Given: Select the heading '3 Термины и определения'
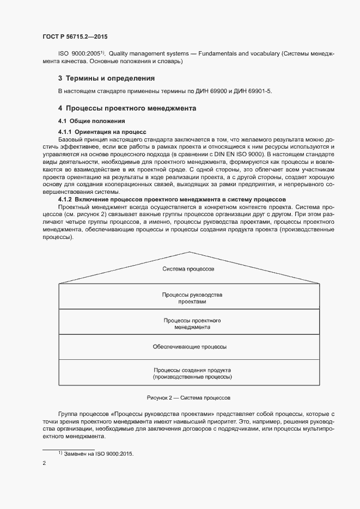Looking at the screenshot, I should pyautogui.click(x=107, y=78).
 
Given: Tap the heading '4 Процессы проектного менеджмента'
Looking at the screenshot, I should pyautogui.click(x=127, y=108).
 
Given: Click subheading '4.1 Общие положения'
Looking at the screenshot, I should pyautogui.click(x=92, y=121).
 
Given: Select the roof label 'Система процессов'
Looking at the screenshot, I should pyautogui.click(x=188, y=269).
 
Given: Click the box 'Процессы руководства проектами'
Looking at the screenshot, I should pyautogui.click(x=188, y=298).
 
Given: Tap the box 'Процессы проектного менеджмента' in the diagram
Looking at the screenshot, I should pyautogui.click(x=188, y=324).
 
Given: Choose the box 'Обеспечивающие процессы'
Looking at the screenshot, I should pyautogui.click(x=188, y=346).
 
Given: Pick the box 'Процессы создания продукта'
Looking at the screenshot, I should pyautogui.click(x=188, y=373).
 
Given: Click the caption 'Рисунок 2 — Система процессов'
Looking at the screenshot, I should pyautogui.click(x=188, y=398).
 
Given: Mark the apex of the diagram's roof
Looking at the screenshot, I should pyautogui.click(x=189, y=253).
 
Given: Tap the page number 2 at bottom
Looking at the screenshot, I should pyautogui.click(x=44, y=463).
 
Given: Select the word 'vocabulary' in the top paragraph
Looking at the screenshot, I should pyautogui.click(x=265, y=54).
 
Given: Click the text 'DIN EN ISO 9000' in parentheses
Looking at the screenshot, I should pyautogui.click(x=240, y=155).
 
